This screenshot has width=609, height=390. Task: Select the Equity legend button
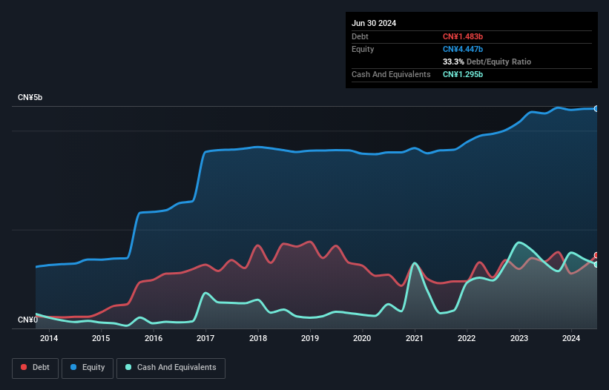pyautogui.click(x=88, y=368)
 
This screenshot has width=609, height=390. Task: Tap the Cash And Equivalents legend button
pyautogui.click(x=171, y=368)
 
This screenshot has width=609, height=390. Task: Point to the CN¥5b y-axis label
pyautogui.click(x=30, y=98)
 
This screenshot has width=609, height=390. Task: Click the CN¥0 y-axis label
pyautogui.click(x=27, y=320)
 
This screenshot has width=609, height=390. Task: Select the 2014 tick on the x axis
pyautogui.click(x=49, y=339)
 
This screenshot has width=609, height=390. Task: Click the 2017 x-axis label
pyautogui.click(x=205, y=339)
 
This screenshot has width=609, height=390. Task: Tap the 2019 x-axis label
pyautogui.click(x=310, y=339)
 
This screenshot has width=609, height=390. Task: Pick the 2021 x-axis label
pyautogui.click(x=415, y=339)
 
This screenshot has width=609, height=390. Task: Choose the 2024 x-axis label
pyautogui.click(x=571, y=339)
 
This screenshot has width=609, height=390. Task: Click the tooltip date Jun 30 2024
pyautogui.click(x=374, y=23)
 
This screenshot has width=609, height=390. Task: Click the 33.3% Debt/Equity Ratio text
pyautogui.click(x=487, y=62)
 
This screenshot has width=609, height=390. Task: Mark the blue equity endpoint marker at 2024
pyautogui.click(x=596, y=109)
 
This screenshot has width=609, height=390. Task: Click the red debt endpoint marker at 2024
pyautogui.click(x=596, y=256)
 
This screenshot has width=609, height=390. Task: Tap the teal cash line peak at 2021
pyautogui.click(x=415, y=263)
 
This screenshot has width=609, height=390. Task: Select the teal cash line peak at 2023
pyautogui.click(x=519, y=242)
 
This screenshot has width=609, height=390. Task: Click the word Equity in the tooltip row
pyautogui.click(x=363, y=49)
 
